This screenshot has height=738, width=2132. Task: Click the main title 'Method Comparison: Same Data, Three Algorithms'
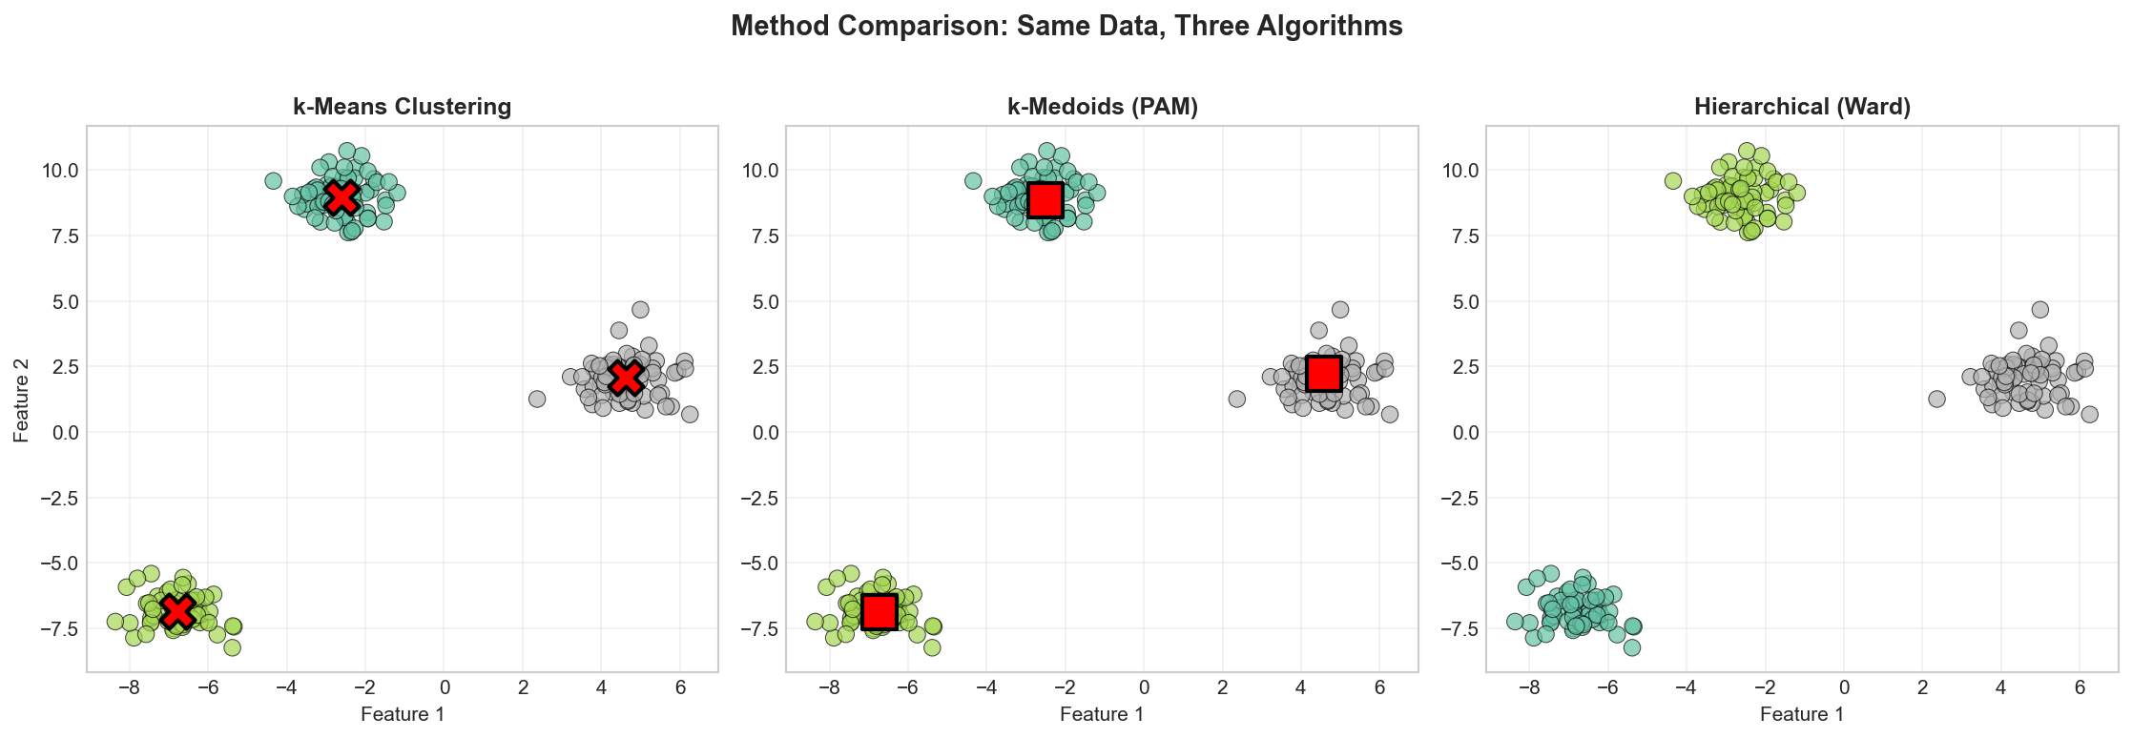coord(1066,27)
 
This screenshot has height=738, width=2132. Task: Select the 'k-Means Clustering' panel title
coord(402,107)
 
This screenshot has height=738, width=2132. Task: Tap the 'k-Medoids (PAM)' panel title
coord(1102,107)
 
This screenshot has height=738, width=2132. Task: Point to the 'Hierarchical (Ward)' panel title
coord(1802,107)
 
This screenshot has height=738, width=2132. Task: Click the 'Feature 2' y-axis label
coord(21,399)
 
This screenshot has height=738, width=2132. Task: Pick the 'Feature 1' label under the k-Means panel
coord(402,714)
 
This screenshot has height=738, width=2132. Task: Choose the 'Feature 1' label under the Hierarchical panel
coord(1802,714)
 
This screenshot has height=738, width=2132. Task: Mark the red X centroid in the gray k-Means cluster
coord(626,378)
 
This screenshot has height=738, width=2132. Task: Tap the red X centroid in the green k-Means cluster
coord(177,611)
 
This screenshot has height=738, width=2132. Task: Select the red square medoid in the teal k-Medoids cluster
coord(1045,199)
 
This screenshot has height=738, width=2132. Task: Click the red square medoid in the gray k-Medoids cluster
coord(1324,374)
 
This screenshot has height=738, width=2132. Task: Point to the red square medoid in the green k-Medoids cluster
coord(879,611)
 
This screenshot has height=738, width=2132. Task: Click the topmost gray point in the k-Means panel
coord(640,310)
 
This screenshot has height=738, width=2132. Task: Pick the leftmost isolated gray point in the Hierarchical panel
coord(1936,399)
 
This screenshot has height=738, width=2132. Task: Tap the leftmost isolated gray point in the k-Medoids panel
coord(1236,399)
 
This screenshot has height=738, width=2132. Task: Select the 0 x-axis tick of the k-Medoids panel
coord(1144,687)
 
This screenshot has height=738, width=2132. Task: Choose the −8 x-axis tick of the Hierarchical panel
coord(1529,687)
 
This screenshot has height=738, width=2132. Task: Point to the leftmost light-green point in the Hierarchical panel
coord(1673,180)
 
